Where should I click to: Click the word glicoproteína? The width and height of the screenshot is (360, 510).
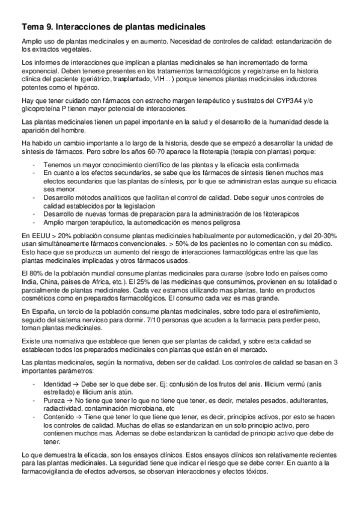coord(41,109)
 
